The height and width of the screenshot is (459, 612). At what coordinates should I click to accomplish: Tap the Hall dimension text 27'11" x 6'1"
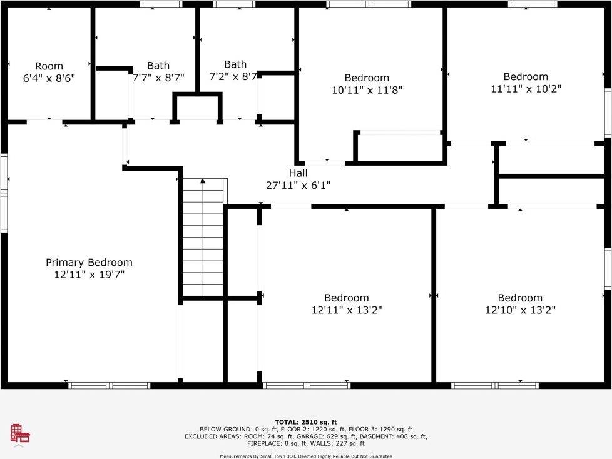298,185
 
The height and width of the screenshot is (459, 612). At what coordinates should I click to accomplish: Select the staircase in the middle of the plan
203,238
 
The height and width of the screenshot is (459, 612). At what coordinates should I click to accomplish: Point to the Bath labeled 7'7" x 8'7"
158,72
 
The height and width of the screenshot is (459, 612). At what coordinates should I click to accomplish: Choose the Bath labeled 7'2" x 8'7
235,70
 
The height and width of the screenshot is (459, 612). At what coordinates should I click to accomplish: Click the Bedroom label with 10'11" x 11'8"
367,84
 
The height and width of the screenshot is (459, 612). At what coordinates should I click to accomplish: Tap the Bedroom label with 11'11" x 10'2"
526,83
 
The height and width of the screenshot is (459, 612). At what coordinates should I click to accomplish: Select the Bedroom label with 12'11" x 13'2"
346,304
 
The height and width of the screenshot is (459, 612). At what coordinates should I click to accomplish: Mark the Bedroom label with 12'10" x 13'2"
520,304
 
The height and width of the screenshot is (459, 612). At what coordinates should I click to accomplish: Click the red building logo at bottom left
19,433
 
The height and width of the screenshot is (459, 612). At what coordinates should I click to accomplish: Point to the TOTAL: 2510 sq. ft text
306,422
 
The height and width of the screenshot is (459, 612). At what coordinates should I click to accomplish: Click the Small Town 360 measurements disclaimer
306,456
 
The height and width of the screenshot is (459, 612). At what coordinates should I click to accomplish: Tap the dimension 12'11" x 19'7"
89,275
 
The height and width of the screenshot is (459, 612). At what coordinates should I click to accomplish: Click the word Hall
298,173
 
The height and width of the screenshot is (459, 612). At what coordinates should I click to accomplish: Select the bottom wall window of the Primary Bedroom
110,385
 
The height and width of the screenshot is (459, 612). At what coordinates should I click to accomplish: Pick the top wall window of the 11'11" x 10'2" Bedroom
533,4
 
